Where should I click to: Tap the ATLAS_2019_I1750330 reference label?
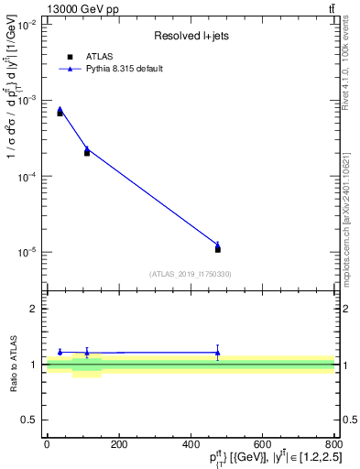pos(191,274)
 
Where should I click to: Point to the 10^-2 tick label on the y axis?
pos(28,24)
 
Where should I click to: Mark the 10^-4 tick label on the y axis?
pos(28,176)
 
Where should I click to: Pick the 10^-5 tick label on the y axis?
pos(28,252)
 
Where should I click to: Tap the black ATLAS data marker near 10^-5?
pos(217,249)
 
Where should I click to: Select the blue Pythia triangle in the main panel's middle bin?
pos(87,148)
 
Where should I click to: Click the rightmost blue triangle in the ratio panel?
pos(217,352)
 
